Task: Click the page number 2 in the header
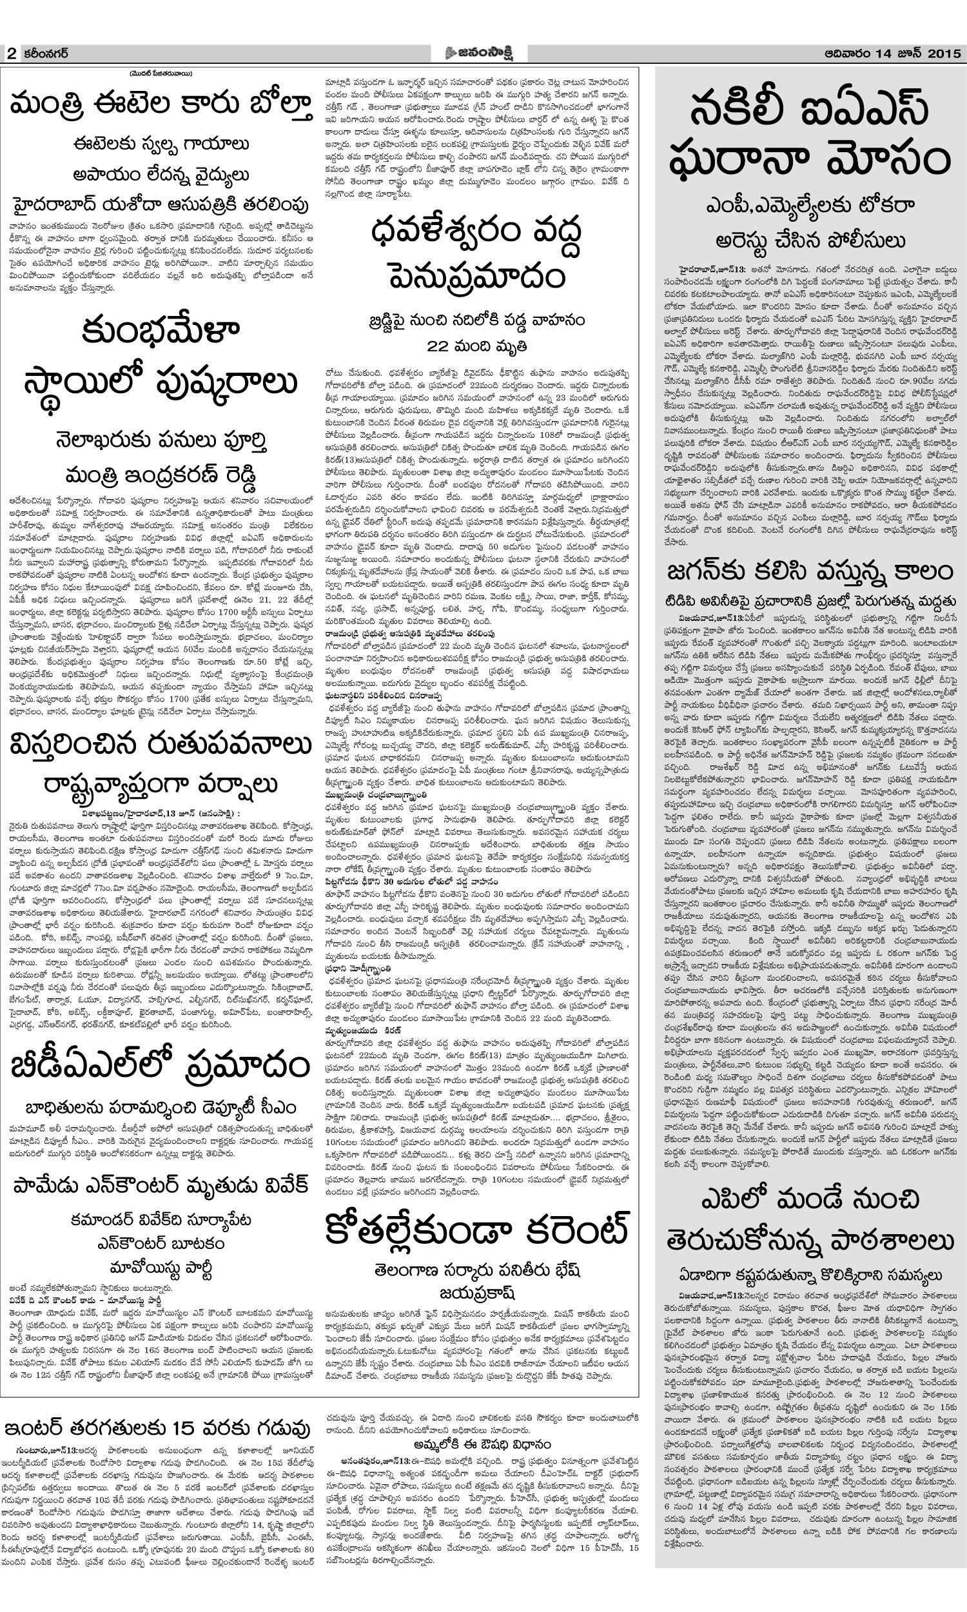tap(11, 54)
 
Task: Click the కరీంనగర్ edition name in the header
tap(44, 54)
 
